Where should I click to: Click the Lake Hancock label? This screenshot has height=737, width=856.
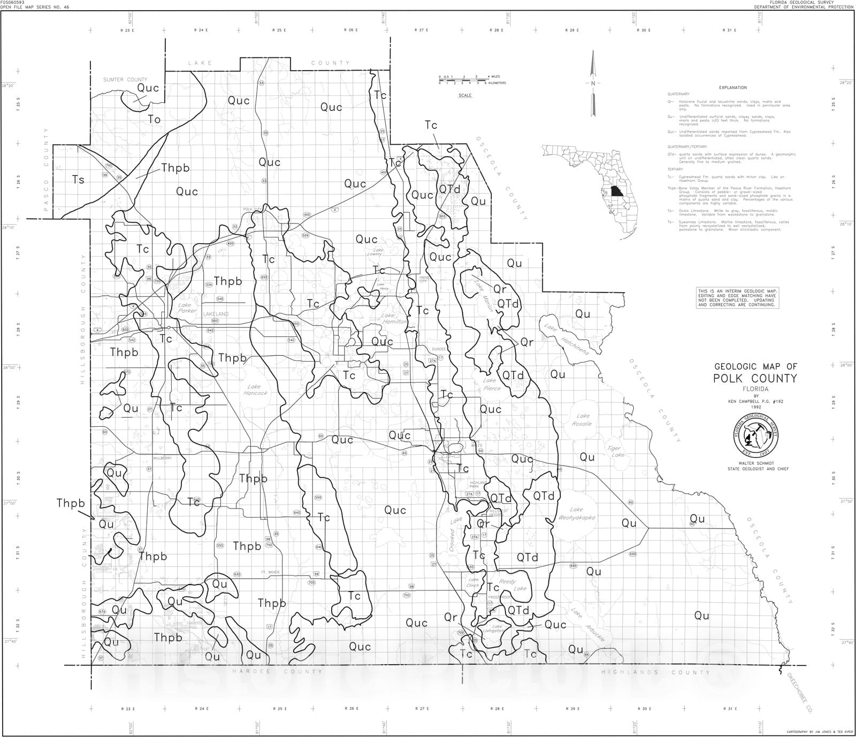pos(254,389)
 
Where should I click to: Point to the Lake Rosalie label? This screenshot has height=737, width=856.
pos(583,419)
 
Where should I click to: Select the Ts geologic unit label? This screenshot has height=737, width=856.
pos(78,180)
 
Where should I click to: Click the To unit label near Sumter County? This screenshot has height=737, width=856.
pos(154,119)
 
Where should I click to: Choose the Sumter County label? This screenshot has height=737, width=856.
pos(125,80)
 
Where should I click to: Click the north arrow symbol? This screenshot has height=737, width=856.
pos(593,84)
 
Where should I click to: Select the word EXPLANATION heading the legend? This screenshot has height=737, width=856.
pos(732,88)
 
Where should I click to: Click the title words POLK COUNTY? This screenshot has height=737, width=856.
pos(754,378)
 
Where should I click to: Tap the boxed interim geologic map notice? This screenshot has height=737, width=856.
pos(737,297)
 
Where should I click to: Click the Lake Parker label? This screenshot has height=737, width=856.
pos(187,308)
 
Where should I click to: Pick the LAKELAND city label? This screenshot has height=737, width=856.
pos(216,314)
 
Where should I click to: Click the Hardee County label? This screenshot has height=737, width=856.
pos(278,671)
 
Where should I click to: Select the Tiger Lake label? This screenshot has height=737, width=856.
pos(615,451)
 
